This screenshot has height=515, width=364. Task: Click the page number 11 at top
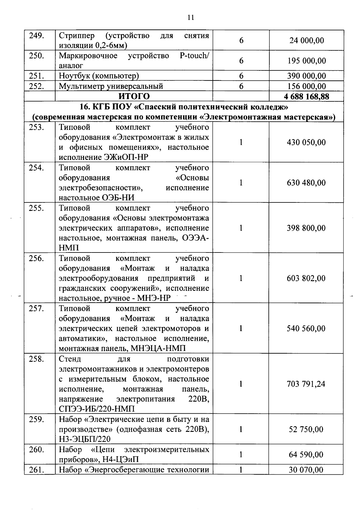(190, 17)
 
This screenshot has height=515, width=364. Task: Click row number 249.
(37, 36)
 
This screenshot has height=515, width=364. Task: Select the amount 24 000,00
(306, 40)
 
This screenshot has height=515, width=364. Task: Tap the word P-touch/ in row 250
(194, 56)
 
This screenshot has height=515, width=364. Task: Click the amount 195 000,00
(306, 61)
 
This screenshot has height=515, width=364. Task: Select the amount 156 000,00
(306, 86)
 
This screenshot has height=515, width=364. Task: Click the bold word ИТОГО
(134, 96)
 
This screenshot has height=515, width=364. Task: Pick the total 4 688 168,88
(306, 97)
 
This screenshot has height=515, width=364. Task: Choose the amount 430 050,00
(306, 142)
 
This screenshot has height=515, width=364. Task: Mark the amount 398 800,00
(306, 228)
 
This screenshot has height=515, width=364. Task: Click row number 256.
(37, 258)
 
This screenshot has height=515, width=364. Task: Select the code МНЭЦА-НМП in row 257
(161, 348)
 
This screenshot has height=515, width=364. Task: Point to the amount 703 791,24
(306, 384)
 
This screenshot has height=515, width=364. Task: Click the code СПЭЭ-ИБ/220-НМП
(96, 409)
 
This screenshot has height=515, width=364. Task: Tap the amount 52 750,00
(306, 429)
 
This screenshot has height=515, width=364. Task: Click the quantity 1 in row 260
(241, 455)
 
